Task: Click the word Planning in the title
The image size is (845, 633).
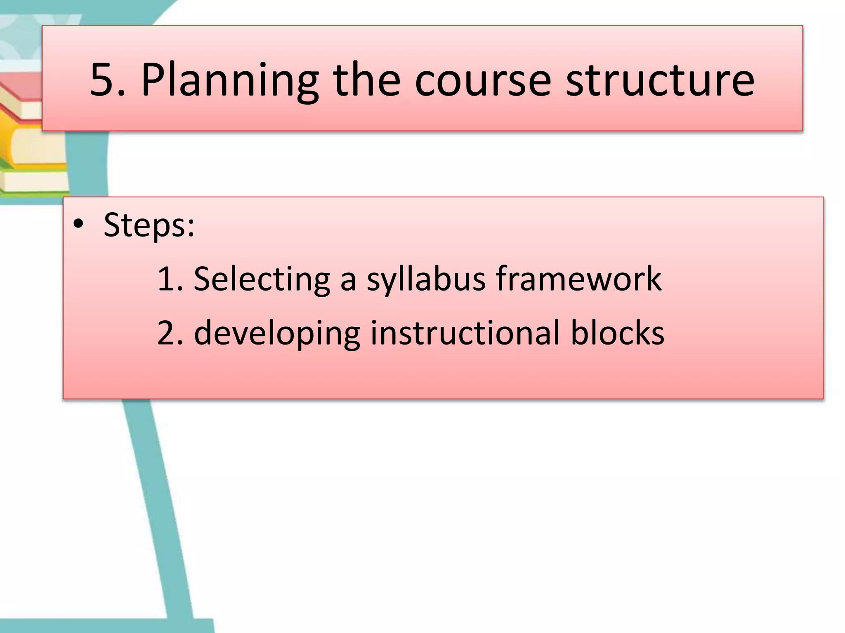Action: (x=229, y=80)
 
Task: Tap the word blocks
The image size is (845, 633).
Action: (x=617, y=333)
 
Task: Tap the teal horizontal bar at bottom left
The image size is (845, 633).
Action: (x=103, y=625)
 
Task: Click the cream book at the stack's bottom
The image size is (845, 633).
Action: (x=33, y=181)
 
